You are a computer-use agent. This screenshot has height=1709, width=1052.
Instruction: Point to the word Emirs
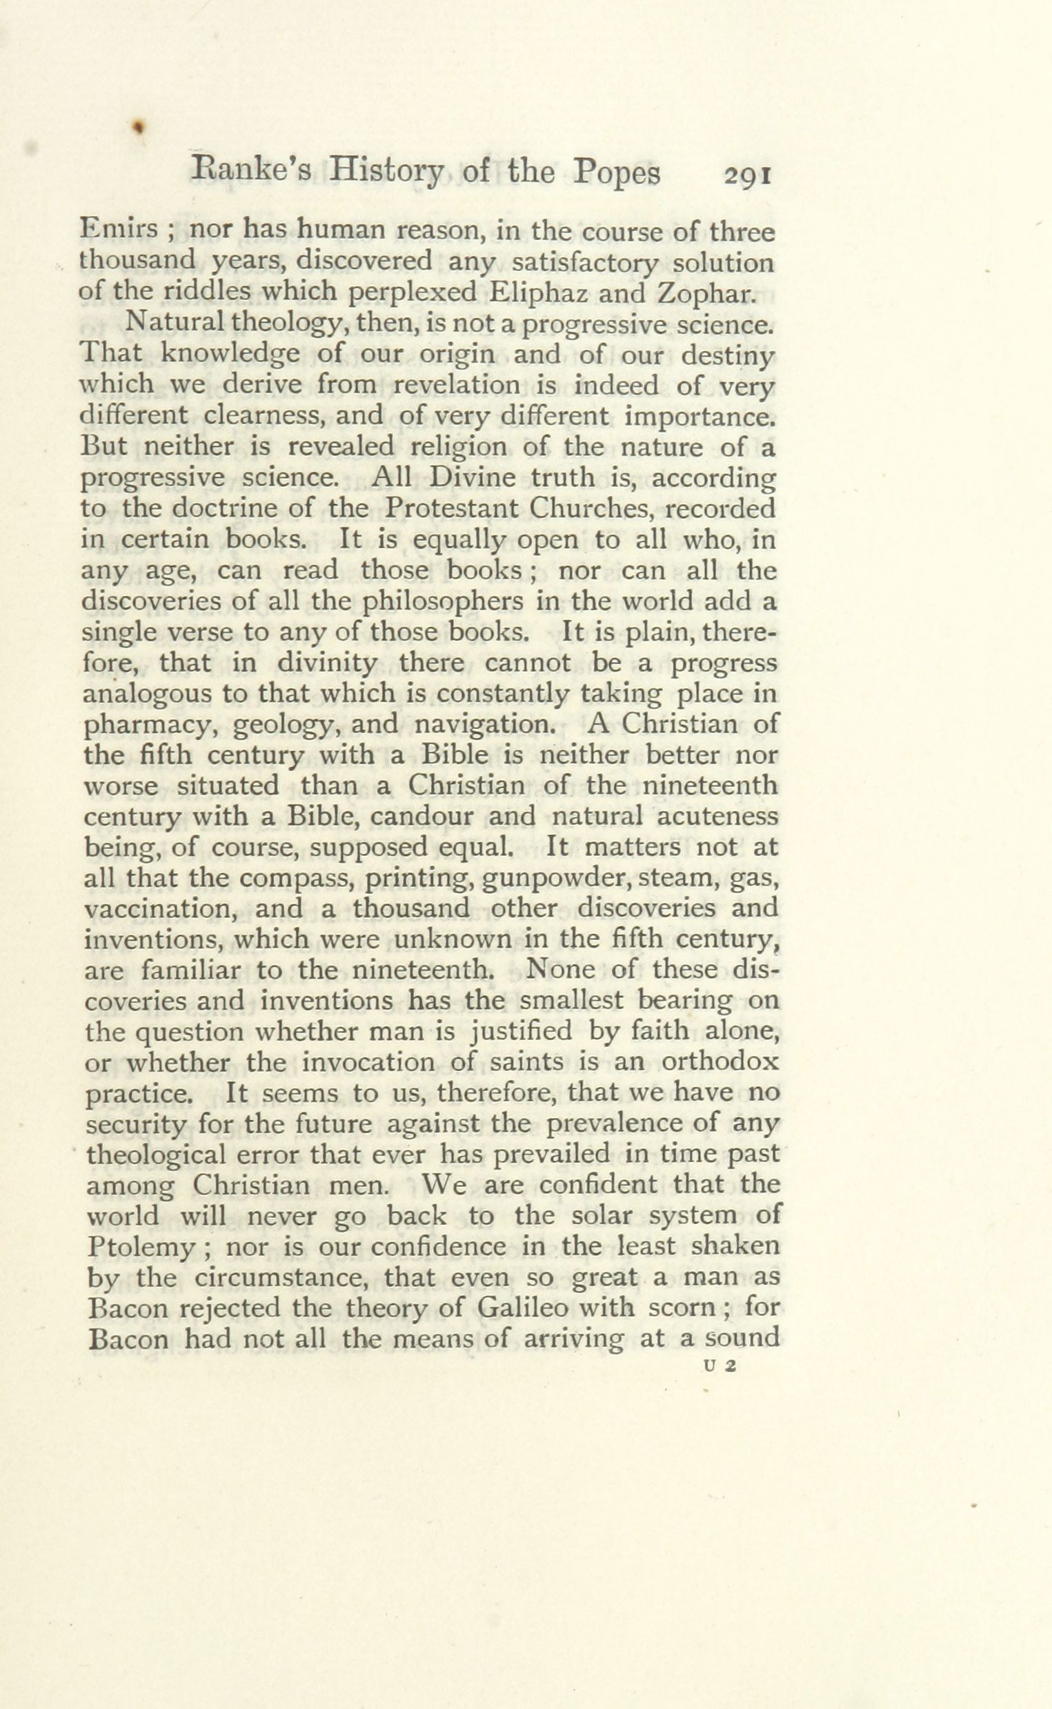pos(118,230)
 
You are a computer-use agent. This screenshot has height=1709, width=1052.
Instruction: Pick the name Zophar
pos(706,292)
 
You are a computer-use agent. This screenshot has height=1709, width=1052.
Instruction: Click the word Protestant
pos(453,508)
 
